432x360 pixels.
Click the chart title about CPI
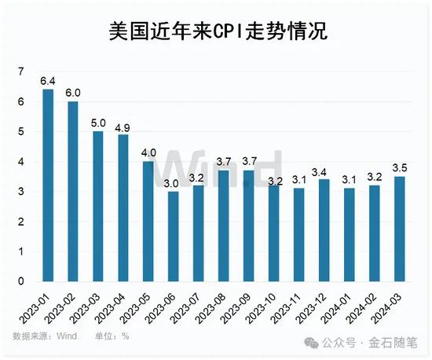pos(216,30)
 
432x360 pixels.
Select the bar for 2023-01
pos(48,186)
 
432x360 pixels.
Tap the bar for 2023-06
pos(174,236)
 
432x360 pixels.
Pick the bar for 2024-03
pos(400,229)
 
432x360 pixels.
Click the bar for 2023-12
pos(324,230)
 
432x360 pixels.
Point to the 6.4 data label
pos(48,81)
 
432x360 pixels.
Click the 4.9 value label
pos(123,127)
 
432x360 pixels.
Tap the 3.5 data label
pos(400,168)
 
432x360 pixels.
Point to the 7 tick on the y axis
pos(22,72)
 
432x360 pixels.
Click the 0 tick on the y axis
pos(22,281)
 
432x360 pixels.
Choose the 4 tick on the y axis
pos(22,162)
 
